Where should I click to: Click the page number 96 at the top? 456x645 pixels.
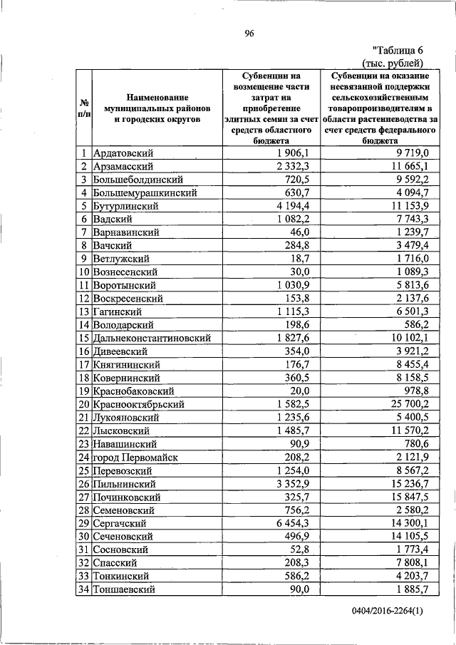(249, 33)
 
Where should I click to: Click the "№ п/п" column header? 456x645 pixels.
(83, 108)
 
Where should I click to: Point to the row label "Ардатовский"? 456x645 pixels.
(123, 153)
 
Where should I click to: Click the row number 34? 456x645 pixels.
(83, 589)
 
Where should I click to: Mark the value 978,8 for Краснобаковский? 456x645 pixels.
(415, 391)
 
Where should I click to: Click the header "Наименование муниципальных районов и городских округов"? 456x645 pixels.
(155, 108)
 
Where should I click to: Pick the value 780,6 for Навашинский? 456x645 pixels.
(415, 443)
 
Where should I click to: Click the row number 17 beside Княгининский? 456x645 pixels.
(83, 364)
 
